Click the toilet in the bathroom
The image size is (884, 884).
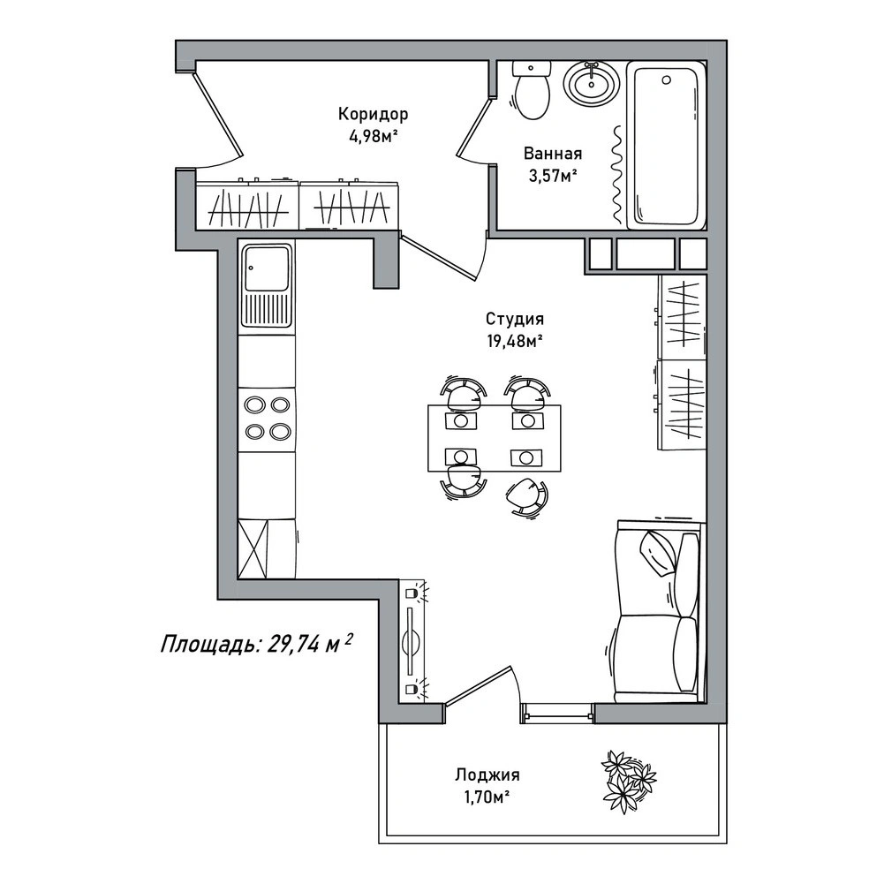coord(531,89)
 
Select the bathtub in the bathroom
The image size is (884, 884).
coord(667,145)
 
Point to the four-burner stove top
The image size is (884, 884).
coord(267,419)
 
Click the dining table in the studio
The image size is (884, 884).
coord(494,437)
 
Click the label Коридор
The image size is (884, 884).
coord(373,115)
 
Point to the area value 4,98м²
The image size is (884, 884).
coord(374,137)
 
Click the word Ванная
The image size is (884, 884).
coord(553,154)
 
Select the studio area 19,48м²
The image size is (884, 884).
coord(515,341)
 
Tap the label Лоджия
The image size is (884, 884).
coord(487,775)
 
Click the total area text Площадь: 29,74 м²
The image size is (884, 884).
coord(257,643)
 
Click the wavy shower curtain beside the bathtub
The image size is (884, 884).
coord(618,174)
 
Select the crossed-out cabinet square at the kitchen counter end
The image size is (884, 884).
coord(252,548)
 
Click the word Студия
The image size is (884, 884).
coord(515,319)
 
